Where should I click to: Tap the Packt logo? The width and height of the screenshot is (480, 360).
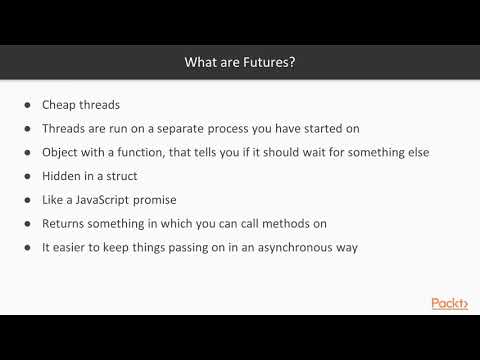449,304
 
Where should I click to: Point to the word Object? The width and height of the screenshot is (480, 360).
62,152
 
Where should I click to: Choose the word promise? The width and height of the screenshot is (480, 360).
171,200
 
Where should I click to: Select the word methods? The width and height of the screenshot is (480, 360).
300,224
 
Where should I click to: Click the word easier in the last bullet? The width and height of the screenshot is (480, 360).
73,248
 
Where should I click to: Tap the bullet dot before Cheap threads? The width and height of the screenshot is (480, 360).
25,104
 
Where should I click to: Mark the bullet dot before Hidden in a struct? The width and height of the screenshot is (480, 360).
25,176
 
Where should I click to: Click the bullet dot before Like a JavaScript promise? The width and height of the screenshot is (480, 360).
25,200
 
